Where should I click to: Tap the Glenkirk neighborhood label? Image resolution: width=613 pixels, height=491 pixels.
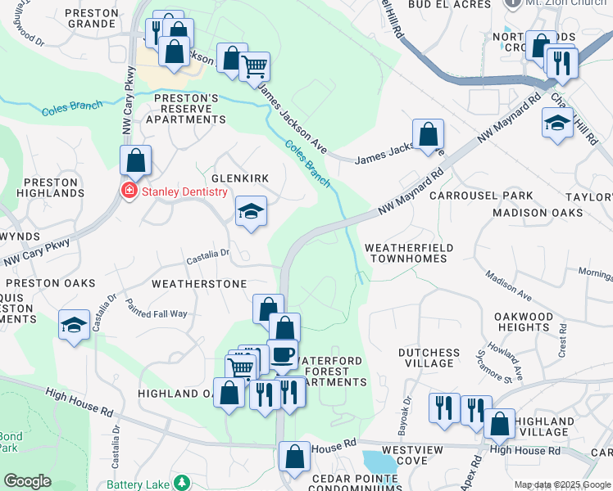coord(240,178)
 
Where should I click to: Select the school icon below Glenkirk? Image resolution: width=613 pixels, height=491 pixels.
coord(252,212)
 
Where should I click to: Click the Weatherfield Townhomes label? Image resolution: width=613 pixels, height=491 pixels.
coord(406,252)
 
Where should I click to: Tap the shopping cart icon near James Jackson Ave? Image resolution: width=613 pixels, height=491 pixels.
coord(254,65)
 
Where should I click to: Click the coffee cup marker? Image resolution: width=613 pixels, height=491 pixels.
coord(283,354)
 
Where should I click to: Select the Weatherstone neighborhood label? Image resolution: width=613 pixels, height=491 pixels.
coord(199,284)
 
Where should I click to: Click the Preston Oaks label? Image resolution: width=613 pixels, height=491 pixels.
coord(48,283)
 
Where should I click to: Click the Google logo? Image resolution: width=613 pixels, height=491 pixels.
coord(28,481)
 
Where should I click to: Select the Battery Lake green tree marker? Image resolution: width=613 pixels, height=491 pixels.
coord(181,483)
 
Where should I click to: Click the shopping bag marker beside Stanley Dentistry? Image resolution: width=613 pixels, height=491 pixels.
coord(136,160)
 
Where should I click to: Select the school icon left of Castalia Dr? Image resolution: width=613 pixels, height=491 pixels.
coord(75,325)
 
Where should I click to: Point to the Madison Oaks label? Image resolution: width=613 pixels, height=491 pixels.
coord(538,213)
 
